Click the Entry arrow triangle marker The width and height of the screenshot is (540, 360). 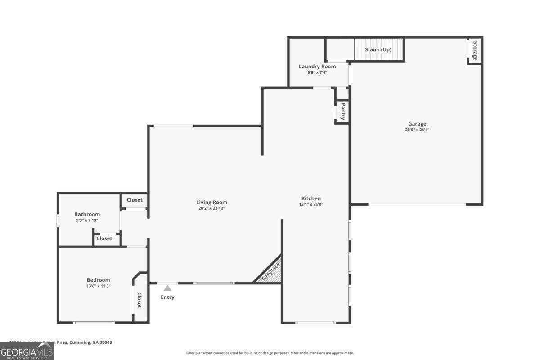coord(167,288)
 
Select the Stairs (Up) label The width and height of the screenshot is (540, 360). coord(378,49)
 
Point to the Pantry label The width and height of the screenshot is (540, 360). coord(342,112)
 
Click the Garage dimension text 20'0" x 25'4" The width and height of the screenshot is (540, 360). coord(417,130)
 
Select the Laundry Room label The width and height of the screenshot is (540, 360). coord(317,67)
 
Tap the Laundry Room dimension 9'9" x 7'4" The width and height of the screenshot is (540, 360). coord(317,72)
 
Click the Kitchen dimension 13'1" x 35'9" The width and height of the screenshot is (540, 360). coord(311,204)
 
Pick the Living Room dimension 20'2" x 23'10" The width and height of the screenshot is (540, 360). coord(211,208)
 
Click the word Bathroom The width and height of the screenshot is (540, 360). coord(87,214)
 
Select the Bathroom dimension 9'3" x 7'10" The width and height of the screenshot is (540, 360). coord(87,220)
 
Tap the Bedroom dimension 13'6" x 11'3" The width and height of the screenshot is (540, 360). coord(99,286)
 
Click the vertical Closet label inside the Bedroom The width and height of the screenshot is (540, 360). coord(139,300)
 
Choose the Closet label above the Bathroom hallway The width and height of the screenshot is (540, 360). coord(135,200)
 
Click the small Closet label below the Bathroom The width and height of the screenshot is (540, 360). coord(104,238)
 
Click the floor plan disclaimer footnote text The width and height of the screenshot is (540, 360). coord(270,353)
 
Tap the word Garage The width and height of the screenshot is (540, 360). coord(417,124)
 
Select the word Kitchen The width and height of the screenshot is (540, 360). coord(311,198)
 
